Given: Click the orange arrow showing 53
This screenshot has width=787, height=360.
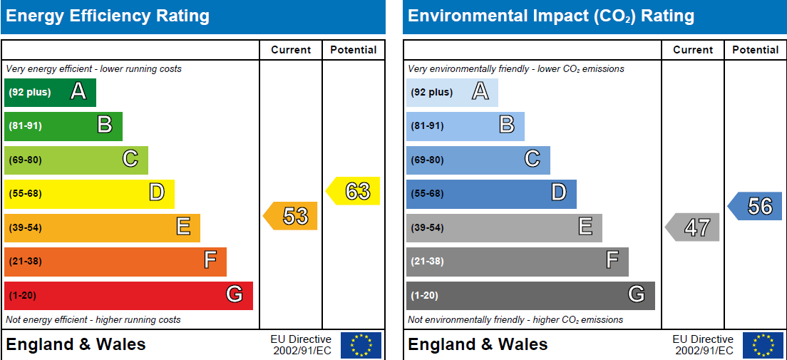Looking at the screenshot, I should [292, 216].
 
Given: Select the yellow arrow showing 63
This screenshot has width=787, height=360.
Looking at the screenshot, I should [354, 191].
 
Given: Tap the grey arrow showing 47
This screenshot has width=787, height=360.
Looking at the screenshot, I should [694, 227].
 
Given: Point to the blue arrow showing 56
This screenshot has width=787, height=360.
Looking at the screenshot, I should [756, 206].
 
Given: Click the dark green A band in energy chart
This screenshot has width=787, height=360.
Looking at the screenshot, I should [50, 92].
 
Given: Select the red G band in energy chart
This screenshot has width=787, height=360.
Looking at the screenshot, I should [128, 295].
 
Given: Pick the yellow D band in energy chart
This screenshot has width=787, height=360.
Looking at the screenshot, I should [89, 193].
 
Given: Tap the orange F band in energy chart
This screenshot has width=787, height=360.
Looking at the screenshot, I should [115, 261].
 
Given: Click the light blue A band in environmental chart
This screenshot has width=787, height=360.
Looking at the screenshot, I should [452, 92].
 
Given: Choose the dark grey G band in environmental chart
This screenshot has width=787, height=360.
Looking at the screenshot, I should [530, 295].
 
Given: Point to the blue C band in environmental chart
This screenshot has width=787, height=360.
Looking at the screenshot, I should [478, 160].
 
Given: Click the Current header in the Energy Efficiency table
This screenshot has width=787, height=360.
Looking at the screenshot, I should [291, 50].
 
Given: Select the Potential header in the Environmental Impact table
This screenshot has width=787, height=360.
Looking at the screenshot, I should [756, 50].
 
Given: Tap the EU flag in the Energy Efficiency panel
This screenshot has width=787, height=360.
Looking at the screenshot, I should [361, 345].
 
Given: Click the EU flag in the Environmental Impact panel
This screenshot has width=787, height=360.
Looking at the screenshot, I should [763, 345].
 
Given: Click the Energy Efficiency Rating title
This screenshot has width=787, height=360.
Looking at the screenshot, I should [108, 16].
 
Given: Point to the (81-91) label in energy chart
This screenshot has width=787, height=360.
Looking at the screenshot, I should [25, 126].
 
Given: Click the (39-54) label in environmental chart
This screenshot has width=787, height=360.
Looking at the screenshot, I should [427, 227].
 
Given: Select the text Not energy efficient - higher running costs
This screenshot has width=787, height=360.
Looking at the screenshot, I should [93, 320].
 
